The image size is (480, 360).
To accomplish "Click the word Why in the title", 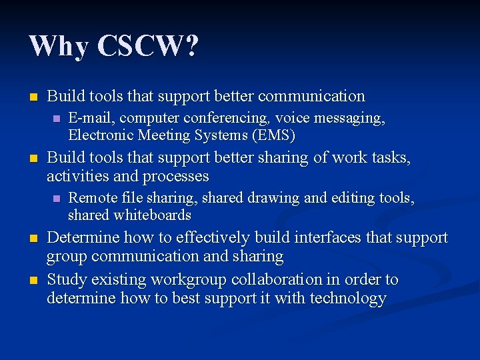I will (58, 47).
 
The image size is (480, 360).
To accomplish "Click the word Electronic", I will (101, 135).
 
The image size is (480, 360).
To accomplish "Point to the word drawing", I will (264, 198).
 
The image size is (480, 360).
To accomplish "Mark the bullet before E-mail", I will (56, 119).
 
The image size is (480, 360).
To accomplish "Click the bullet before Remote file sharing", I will (56, 199).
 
